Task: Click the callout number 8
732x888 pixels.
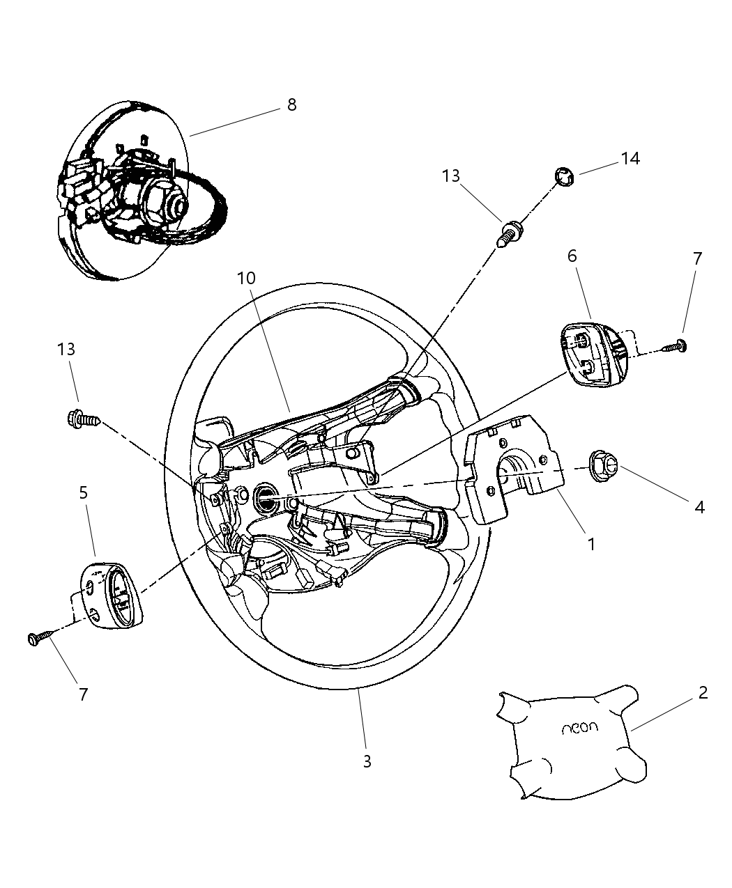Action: (291, 105)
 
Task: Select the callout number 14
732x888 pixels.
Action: (630, 159)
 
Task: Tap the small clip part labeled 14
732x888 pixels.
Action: (564, 178)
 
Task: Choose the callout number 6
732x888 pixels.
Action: (572, 256)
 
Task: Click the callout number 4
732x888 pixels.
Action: (699, 507)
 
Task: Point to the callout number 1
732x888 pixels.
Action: (591, 544)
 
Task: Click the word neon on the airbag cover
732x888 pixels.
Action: (580, 728)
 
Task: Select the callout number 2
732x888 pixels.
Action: (703, 693)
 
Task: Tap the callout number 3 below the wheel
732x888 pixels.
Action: (367, 761)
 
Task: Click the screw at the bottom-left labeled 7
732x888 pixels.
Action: (40, 637)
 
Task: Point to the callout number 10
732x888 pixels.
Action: (246, 279)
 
